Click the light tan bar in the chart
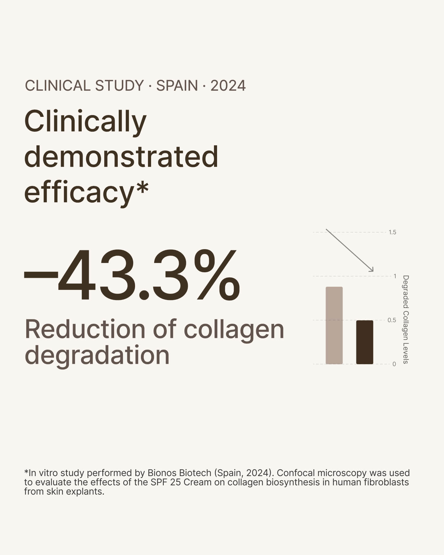coord(334,325)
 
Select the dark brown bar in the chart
coord(364,342)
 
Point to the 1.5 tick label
coord(392,232)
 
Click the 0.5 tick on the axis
coord(392,320)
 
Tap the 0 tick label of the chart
coord(394,364)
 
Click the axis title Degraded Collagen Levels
coord(406,319)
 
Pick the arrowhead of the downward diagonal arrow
coord(372,270)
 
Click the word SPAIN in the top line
coord(177,86)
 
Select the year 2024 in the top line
coord(228,86)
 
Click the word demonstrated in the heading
coord(121,157)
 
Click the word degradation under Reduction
coord(97,356)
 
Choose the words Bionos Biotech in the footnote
coord(179,473)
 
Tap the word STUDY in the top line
coord(119,86)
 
